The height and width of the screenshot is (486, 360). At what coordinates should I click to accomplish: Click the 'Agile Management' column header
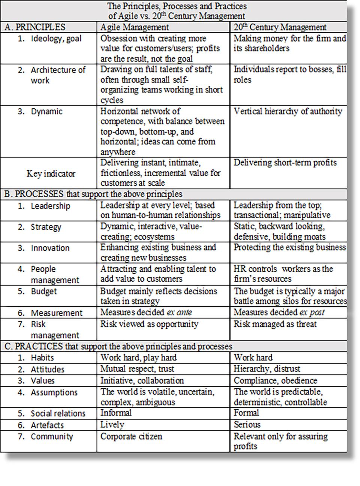pyautogui.click(x=134, y=27)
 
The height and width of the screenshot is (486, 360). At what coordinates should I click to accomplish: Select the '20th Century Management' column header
pyautogui.click(x=280, y=27)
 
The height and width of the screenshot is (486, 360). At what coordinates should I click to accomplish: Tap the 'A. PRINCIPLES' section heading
pyautogui.click(x=35, y=27)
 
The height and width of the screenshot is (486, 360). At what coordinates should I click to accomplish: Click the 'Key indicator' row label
pyautogui.click(x=51, y=174)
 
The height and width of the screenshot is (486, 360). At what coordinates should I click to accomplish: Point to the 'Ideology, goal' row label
pyautogui.click(x=56, y=39)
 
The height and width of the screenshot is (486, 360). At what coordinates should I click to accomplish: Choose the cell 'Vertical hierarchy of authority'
pyautogui.click(x=288, y=111)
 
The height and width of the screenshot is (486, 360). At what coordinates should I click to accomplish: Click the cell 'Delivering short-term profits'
pyautogui.click(x=285, y=163)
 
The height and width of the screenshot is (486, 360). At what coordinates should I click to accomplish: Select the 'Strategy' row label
pyautogui.click(x=46, y=227)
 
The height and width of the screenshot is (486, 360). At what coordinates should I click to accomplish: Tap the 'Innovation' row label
pyautogui.click(x=50, y=248)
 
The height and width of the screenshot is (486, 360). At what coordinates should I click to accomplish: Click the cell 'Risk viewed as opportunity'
pyautogui.click(x=149, y=324)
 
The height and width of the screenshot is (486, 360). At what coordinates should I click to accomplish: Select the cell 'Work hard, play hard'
pyautogui.click(x=138, y=358)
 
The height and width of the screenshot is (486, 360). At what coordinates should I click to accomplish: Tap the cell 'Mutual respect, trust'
pyautogui.click(x=137, y=369)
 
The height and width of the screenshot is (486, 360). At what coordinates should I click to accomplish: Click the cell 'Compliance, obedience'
pyautogui.click(x=275, y=381)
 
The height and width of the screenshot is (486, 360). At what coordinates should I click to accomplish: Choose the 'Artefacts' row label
pyautogui.click(x=47, y=425)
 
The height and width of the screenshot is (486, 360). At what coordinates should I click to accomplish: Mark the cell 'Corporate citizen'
pyautogui.click(x=131, y=437)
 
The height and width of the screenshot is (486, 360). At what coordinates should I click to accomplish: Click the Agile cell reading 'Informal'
pyautogui.click(x=116, y=413)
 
